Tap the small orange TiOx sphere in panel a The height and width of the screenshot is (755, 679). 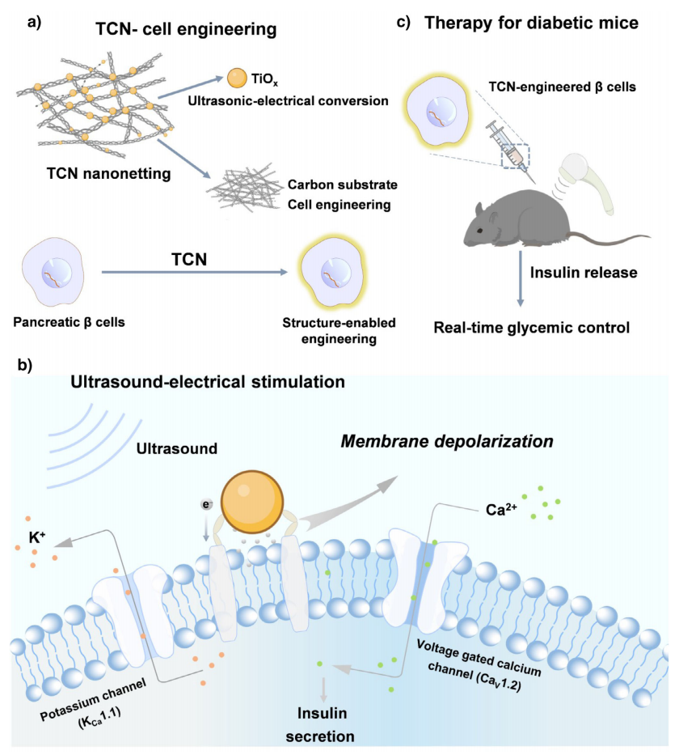(236, 78)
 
